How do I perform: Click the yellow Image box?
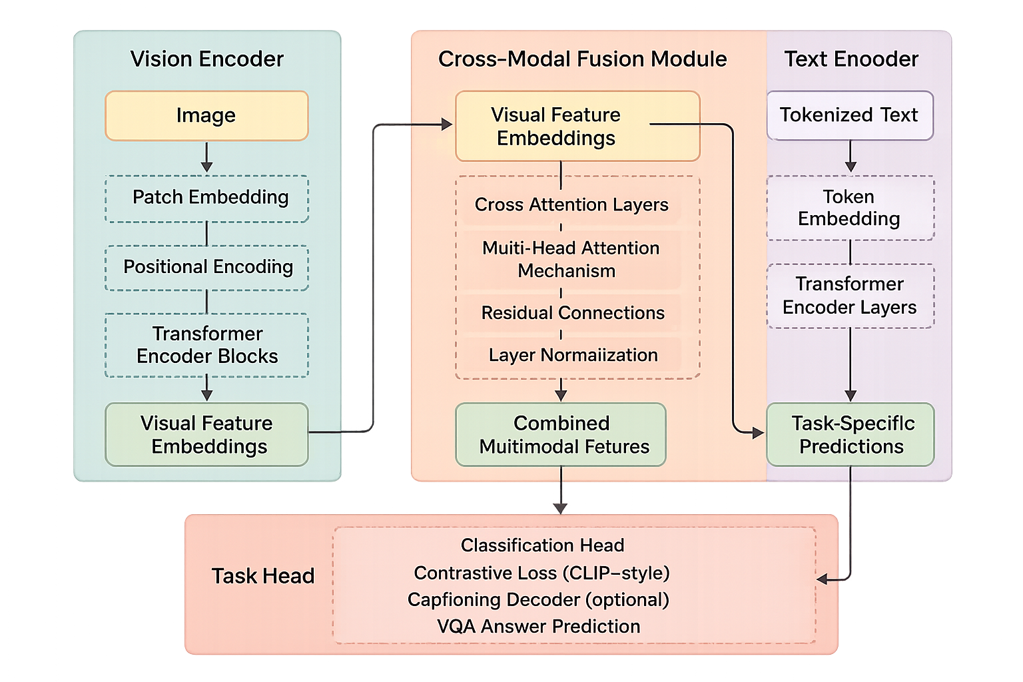click(x=206, y=116)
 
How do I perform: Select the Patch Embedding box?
click(x=206, y=198)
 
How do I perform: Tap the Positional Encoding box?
click(x=206, y=267)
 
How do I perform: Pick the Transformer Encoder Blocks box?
click(x=206, y=345)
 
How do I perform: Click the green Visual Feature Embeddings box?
click(x=206, y=434)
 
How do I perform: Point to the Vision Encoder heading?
click(x=206, y=59)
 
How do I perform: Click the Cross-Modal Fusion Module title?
click(x=582, y=59)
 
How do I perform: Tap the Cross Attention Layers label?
click(x=571, y=204)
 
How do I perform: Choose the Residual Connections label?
click(x=573, y=313)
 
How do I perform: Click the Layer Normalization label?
click(x=573, y=355)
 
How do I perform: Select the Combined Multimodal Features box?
click(x=561, y=434)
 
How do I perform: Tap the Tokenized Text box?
click(x=850, y=115)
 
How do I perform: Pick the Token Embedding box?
click(x=850, y=208)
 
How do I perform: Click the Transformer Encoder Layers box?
click(x=850, y=296)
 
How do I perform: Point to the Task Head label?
click(x=262, y=576)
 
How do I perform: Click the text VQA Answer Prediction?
click(x=538, y=627)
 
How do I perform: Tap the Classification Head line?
click(x=542, y=545)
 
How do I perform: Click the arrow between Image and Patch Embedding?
click(x=206, y=158)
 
